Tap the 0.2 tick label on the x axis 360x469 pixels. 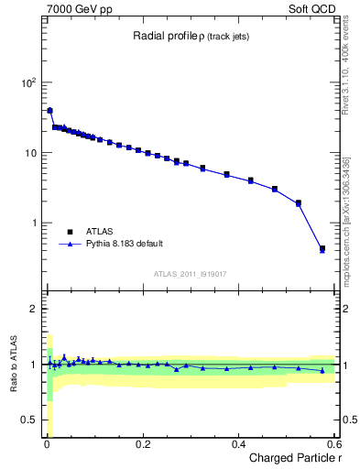(142, 444)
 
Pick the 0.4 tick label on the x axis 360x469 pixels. (238, 444)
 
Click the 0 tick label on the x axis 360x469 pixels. (47, 444)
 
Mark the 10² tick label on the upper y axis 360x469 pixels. (27, 82)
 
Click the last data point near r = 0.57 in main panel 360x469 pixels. (322, 248)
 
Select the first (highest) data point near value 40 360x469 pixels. (49, 111)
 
